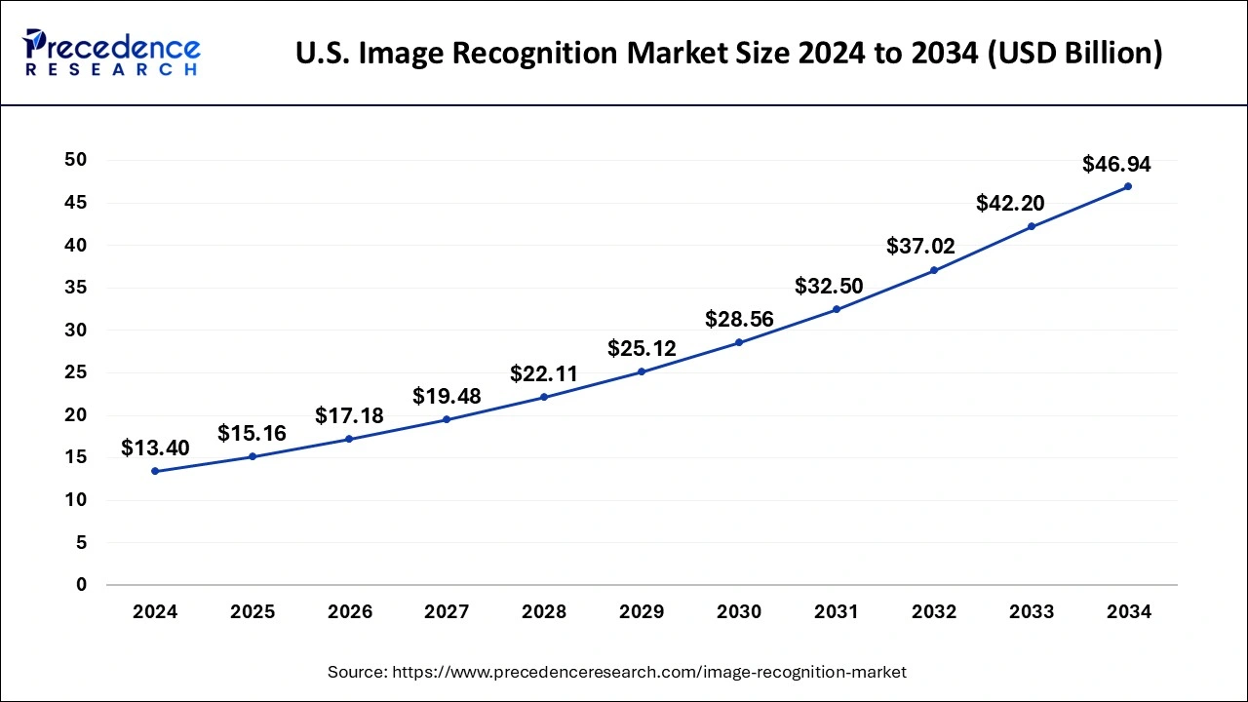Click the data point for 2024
tap(155, 471)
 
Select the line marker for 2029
tap(642, 371)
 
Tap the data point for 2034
tap(1128, 186)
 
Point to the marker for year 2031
tap(837, 309)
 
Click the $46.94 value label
tap(1116, 165)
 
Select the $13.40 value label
tap(155, 448)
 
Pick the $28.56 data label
tap(739, 319)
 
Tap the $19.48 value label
tap(447, 396)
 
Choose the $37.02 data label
tap(920, 247)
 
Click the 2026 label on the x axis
tap(350, 612)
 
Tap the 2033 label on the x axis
tap(1031, 612)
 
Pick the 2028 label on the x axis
tap(544, 612)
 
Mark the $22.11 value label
tap(544, 373)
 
